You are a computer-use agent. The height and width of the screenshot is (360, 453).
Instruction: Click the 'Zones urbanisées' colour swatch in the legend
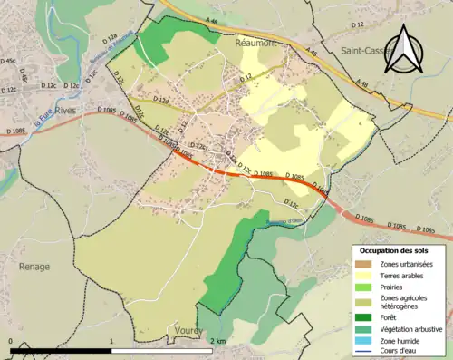pos(365,263)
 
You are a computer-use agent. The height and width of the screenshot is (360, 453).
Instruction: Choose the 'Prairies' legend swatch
pos(365,287)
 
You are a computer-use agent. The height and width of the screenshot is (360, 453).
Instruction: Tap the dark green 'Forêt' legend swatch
pos(365,318)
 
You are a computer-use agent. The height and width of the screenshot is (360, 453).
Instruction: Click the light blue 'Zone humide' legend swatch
pos(365,341)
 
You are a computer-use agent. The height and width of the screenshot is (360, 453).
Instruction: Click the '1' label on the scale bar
pos(111,342)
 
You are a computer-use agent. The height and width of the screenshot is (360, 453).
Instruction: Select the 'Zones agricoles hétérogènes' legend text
pos(403,302)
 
